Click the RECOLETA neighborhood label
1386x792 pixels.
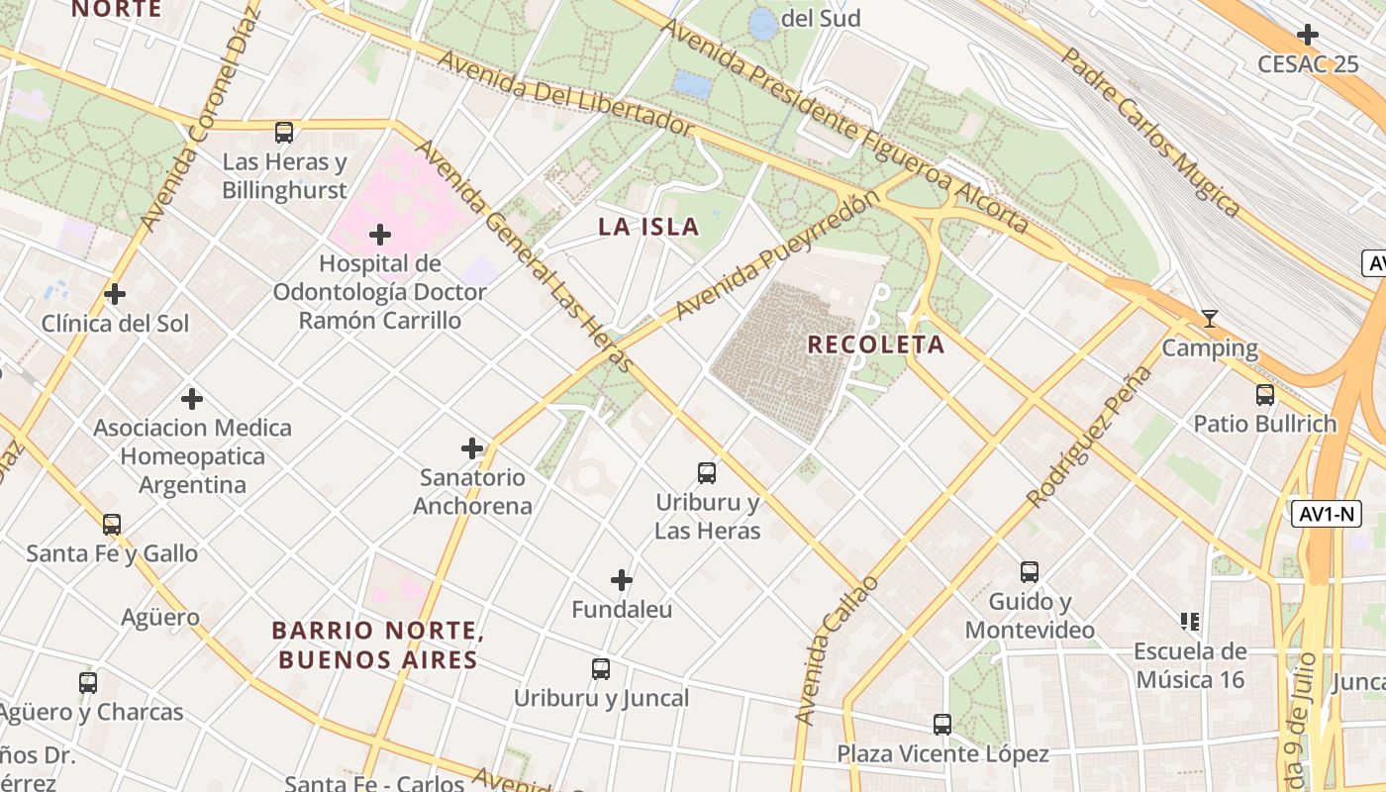point(875,345)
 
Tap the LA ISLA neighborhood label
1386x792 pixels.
point(648,227)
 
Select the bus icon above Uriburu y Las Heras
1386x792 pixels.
point(707,473)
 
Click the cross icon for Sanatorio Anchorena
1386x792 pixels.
point(472,448)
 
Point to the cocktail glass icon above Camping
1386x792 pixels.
point(1209,319)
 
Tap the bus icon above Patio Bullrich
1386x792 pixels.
point(1264,395)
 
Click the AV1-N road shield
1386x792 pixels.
point(1326,514)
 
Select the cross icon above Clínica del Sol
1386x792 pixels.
point(115,294)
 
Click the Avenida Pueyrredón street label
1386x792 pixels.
point(777,256)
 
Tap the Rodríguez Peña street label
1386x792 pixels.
point(1090,437)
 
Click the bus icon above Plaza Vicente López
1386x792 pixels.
point(942,725)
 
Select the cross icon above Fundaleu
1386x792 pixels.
point(622,580)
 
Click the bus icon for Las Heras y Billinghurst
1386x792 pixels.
point(284,132)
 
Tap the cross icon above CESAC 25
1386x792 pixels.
point(1308,35)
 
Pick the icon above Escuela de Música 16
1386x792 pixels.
point(1190,622)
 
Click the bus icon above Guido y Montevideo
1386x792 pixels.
point(1030,572)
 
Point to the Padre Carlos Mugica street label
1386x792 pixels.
point(1151,130)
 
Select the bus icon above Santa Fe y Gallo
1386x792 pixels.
point(112,525)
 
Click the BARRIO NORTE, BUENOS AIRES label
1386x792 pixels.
point(377,644)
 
